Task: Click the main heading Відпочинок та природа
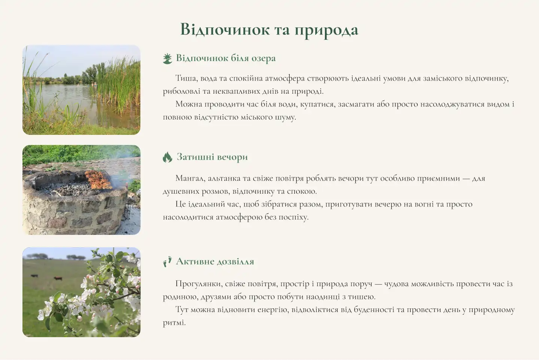269,30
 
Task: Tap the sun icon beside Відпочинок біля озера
167,58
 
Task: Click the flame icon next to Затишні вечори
167,157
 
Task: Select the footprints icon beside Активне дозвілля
167,261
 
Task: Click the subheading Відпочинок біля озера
226,58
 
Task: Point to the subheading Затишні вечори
212,157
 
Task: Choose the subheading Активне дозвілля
215,261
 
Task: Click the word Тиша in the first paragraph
186,78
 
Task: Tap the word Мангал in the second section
189,178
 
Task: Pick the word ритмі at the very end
174,323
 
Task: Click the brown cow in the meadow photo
58,278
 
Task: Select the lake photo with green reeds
81,90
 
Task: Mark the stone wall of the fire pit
75,214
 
